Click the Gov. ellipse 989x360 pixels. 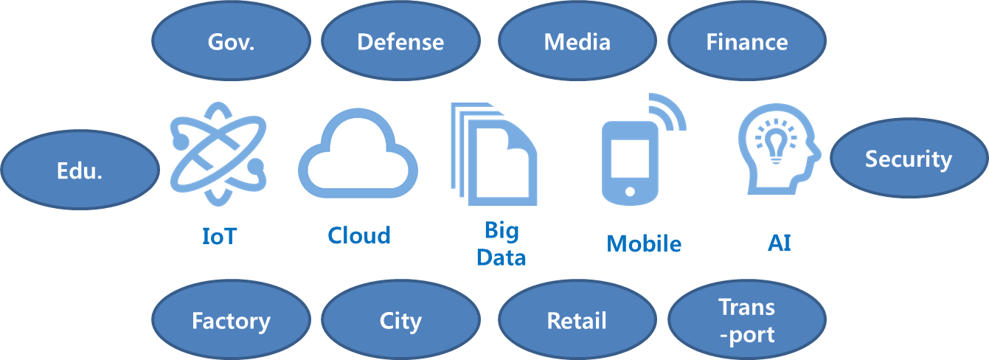point(231,41)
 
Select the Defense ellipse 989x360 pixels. point(400,41)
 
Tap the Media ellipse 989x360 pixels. point(577,41)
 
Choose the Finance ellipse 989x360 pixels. point(746,41)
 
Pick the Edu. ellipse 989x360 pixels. point(80,170)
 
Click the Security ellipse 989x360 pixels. point(909,158)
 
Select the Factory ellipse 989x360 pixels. point(231,319)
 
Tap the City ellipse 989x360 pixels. point(400,319)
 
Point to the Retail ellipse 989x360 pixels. point(577,319)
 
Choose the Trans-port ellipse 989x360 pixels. point(746,319)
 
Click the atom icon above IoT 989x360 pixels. point(218,153)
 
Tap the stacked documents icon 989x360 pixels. point(493,154)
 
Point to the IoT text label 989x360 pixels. point(220,236)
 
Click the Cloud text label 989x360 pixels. point(359,235)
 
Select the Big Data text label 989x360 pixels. point(501,244)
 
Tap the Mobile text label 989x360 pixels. point(644,243)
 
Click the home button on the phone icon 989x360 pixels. point(630,192)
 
